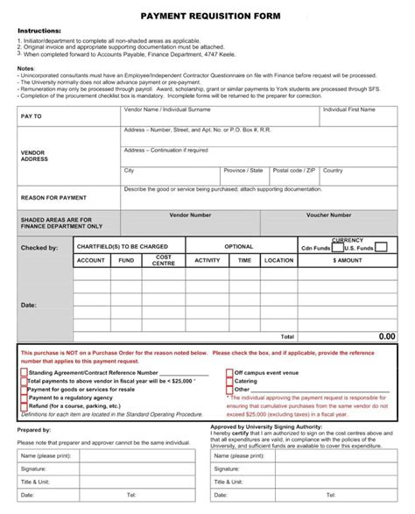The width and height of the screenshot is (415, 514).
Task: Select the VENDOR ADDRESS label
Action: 33,156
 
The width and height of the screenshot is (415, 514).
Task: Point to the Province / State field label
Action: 243,171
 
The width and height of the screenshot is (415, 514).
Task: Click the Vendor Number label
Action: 190,215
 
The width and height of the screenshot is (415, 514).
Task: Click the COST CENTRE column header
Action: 164,260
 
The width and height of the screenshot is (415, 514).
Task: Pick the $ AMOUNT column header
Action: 347,260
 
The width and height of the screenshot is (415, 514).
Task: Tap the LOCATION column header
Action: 278,260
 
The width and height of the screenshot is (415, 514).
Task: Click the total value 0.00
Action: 386,335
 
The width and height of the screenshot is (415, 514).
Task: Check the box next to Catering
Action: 230,381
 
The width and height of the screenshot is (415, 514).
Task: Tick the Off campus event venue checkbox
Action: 230,372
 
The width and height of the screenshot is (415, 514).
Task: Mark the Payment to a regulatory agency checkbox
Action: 24,398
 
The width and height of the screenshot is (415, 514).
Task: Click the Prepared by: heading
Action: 34,430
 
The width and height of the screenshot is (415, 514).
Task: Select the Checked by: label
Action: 39,248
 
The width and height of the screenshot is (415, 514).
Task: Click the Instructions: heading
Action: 39,31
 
